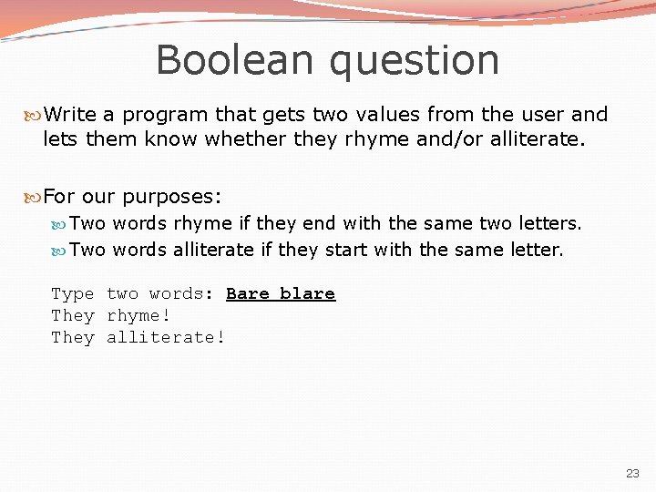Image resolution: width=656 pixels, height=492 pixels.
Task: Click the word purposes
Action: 171,197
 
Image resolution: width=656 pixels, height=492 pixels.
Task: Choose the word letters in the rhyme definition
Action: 549,223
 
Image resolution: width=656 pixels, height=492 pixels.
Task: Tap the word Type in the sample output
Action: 73,294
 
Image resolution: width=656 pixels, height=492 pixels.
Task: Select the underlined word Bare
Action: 248,293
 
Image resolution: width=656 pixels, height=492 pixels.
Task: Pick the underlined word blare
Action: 307,293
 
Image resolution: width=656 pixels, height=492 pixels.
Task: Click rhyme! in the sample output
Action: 138,315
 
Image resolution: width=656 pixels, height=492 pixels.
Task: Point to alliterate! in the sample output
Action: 166,337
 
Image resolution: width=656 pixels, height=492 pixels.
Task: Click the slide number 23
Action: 632,474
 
